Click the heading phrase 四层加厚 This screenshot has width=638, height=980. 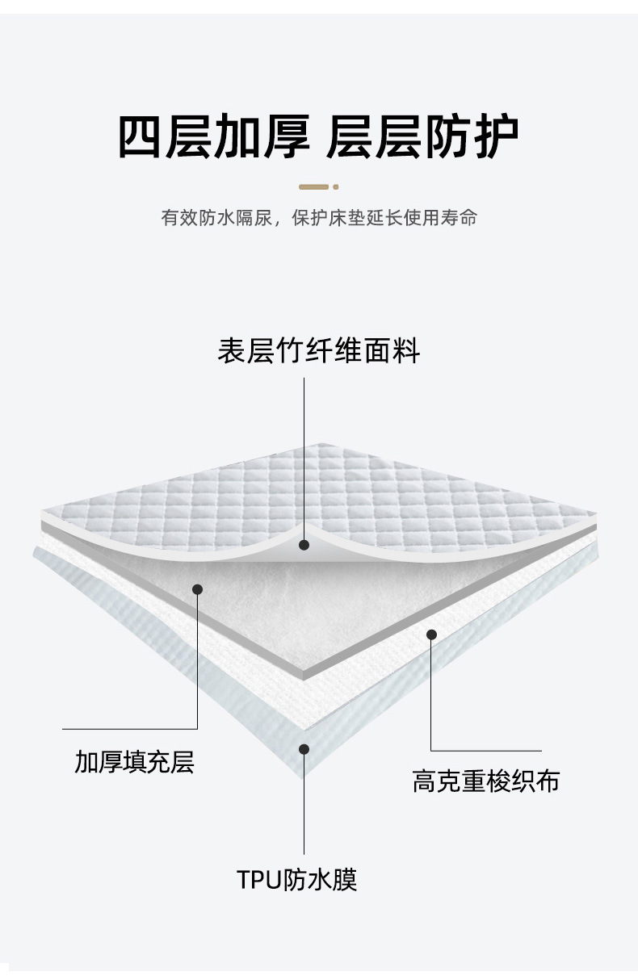[x=214, y=136]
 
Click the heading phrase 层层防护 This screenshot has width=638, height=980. [x=422, y=136]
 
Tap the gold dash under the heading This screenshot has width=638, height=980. [x=314, y=186]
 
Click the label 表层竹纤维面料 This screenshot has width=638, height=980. [x=318, y=351]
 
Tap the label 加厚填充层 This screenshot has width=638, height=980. [x=135, y=761]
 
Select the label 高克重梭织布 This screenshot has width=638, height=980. [x=485, y=781]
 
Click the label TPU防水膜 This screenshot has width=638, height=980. [x=297, y=879]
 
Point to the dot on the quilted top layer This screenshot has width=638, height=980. [x=304, y=545]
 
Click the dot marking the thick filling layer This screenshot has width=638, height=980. [x=197, y=589]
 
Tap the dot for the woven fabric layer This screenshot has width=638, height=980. [x=431, y=634]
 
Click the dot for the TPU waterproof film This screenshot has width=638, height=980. [x=304, y=749]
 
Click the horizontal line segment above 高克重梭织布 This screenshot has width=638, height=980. [x=485, y=751]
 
